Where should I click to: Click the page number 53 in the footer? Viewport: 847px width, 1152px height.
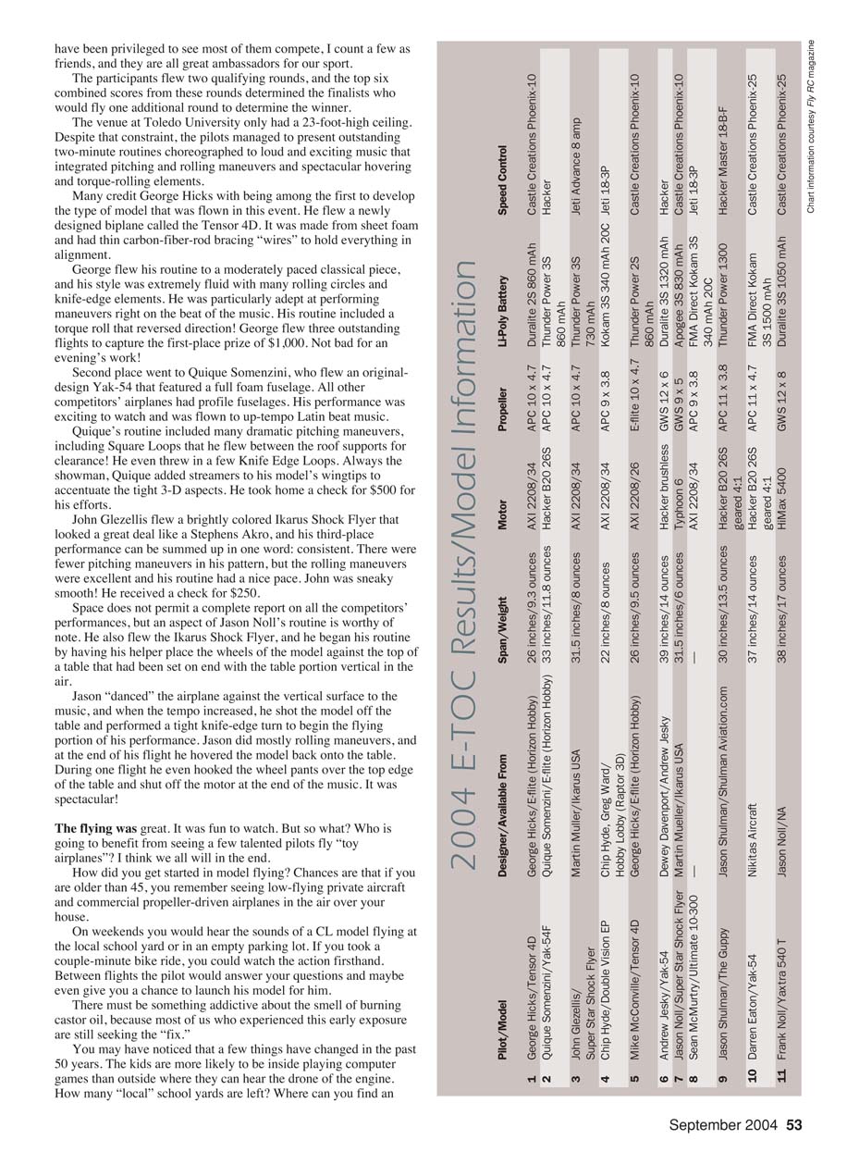point(794,1126)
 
